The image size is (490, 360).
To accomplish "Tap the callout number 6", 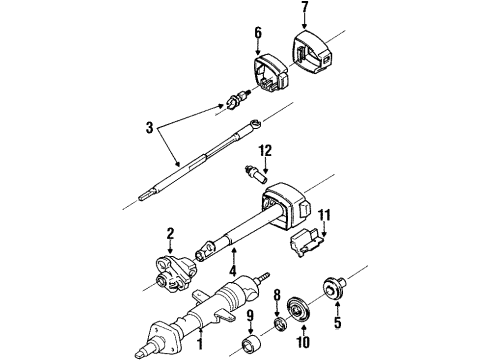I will [257, 33].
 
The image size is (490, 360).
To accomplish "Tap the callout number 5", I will [249, 318].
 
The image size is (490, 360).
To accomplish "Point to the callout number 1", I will [201, 345].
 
